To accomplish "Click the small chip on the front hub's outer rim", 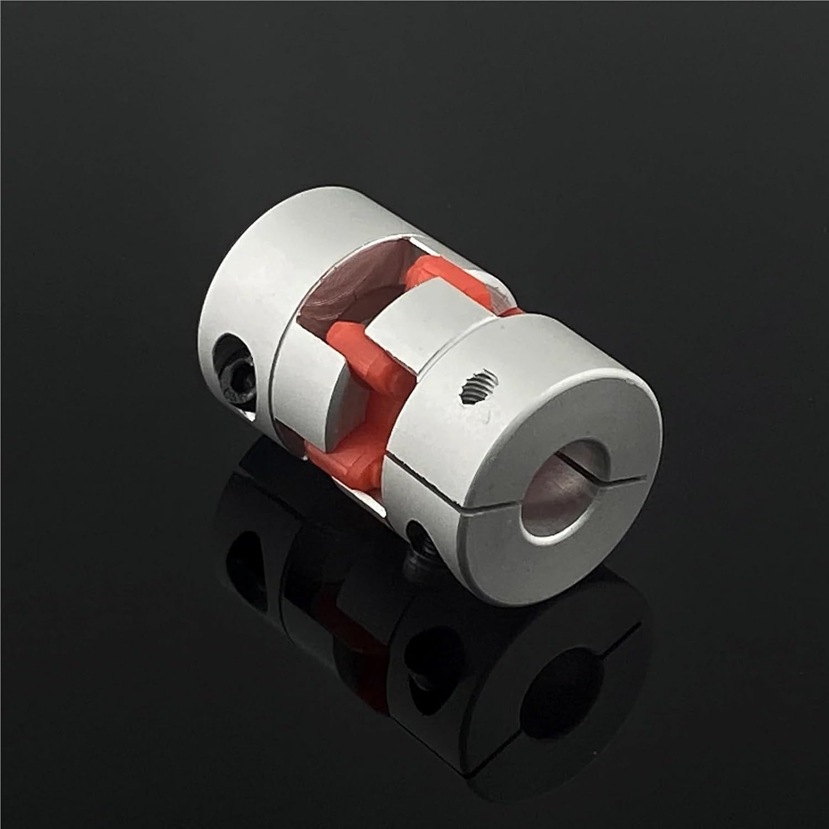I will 630,381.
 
